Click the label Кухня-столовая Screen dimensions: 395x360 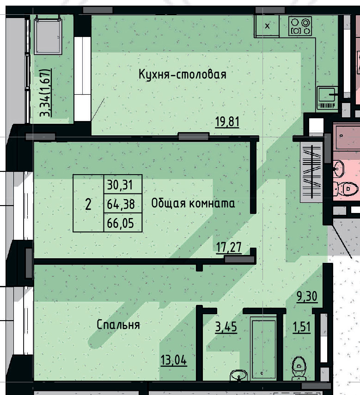coord(183,74)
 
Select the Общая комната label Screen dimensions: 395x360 coord(193,203)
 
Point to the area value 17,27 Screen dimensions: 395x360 coord(230,248)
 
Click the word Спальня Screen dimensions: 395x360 coord(118,325)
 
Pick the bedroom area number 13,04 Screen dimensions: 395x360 coord(174,359)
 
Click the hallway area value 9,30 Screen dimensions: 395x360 coord(307,296)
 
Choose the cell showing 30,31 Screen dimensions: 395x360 coord(120,185)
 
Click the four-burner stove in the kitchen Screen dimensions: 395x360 coord(300,26)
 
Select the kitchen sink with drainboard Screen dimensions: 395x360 coord(328,97)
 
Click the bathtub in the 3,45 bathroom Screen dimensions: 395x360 coord(263,346)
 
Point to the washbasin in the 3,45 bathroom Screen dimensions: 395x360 coord(238,375)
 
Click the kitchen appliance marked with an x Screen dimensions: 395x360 coord(267,26)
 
